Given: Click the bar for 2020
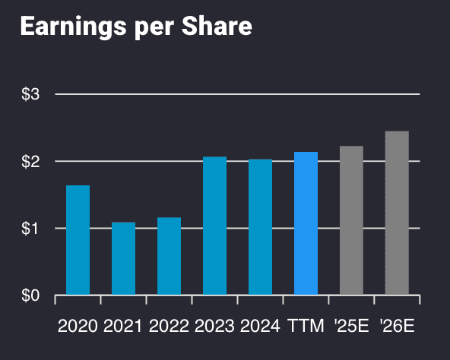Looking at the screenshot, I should [78, 240].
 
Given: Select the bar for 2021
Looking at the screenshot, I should [123, 258].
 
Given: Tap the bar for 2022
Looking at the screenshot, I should [169, 256].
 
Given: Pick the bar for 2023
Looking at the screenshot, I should [214, 226].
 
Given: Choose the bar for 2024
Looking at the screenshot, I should [260, 226].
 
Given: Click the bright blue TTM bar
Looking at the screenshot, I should [306, 223].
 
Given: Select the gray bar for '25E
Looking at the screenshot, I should [351, 220].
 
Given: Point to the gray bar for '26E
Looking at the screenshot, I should [397, 213].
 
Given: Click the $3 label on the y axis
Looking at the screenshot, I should [30, 94].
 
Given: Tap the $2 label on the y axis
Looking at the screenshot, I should [30, 161].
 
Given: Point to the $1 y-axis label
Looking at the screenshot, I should [30, 228].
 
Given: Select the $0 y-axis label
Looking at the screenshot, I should [30, 295].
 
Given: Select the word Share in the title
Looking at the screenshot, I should [218, 27].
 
